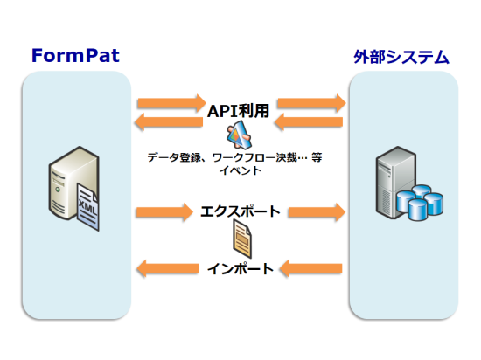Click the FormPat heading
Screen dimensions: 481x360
point(75,55)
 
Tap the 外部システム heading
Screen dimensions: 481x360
point(401,57)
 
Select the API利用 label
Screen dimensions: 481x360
point(239,111)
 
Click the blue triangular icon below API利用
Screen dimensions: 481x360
point(240,135)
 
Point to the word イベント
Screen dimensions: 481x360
point(240,170)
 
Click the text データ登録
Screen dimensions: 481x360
point(174,157)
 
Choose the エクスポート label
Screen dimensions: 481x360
point(240,211)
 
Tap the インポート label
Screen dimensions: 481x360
point(240,269)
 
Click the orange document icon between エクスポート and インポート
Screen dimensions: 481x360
point(242,239)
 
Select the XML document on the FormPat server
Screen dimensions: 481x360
point(88,207)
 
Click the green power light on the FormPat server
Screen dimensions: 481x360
point(58,190)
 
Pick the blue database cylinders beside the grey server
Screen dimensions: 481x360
point(419,203)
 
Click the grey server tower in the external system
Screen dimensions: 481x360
point(396,183)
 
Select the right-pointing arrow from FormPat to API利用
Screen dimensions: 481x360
point(171,103)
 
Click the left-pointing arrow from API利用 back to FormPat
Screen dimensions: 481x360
point(169,122)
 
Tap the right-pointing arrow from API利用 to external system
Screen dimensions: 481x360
point(311,103)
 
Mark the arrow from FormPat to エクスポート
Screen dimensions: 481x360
point(164,211)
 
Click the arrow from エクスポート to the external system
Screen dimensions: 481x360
point(317,211)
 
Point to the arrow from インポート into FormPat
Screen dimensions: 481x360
point(168,269)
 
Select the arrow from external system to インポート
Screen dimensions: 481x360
point(311,269)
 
